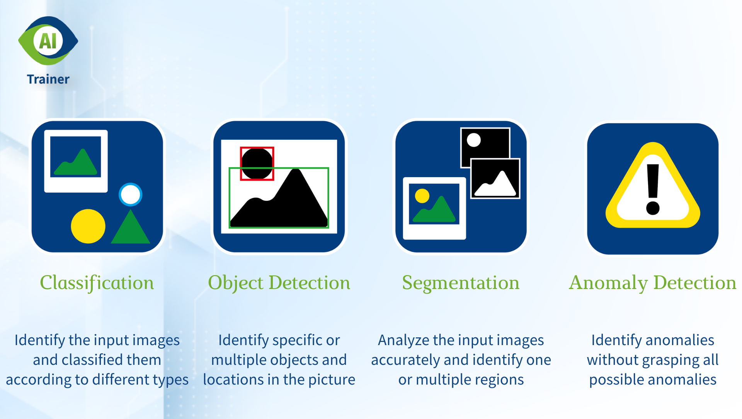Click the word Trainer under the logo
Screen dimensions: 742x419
48,79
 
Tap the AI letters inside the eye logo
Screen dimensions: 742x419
48,41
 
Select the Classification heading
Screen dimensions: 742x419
97,283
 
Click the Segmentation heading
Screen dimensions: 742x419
461,283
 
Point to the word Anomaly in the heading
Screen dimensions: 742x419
608,283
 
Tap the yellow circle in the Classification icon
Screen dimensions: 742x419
88,226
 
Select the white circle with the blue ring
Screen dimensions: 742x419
131,195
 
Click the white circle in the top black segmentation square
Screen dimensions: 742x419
474,140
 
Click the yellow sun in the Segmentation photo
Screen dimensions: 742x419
422,196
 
